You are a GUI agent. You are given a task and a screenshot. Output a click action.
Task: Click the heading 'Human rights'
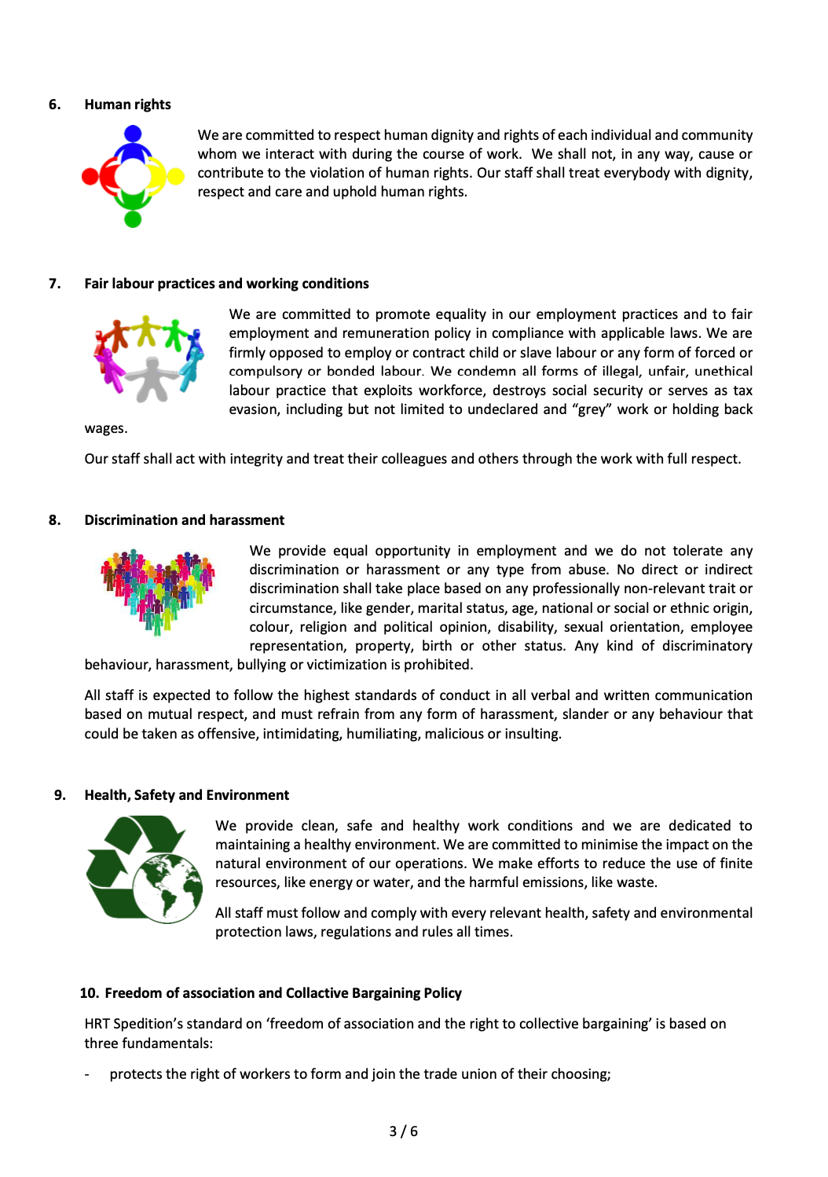pyautogui.click(x=127, y=104)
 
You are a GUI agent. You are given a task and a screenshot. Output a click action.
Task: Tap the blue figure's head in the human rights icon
pyautogui.click(x=134, y=134)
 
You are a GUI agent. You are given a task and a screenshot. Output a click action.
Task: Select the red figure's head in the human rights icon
pyautogui.click(x=90, y=177)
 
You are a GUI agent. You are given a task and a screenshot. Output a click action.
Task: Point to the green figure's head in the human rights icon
pyautogui.click(x=133, y=218)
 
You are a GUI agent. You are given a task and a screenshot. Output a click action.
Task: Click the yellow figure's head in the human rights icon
pyautogui.click(x=176, y=176)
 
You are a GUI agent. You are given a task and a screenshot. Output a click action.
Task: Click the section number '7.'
pyautogui.click(x=55, y=284)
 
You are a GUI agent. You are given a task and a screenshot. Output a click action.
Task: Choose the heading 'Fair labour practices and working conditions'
pyautogui.click(x=226, y=284)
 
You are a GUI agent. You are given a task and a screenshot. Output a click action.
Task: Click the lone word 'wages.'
pyautogui.click(x=106, y=428)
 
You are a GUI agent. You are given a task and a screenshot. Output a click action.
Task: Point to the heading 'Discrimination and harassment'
pyautogui.click(x=184, y=520)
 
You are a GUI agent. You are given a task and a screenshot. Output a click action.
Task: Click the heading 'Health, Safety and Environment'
pyautogui.click(x=186, y=795)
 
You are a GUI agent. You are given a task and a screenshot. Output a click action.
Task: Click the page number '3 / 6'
pyautogui.click(x=404, y=1131)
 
